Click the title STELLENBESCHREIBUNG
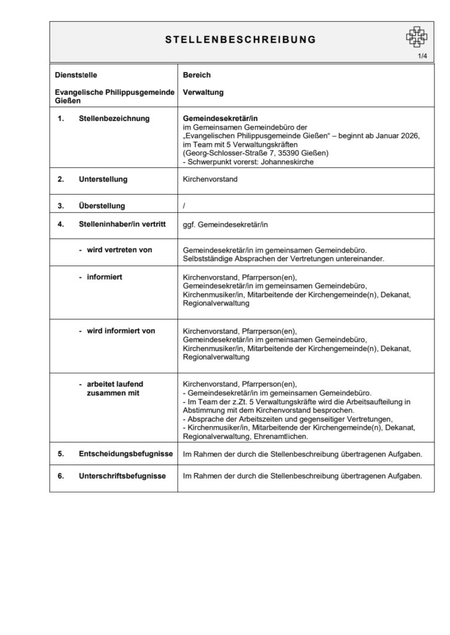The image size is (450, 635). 240,40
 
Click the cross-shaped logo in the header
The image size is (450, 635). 416,37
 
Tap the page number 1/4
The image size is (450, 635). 422,56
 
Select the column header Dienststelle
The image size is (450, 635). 75,75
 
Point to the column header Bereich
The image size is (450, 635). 197,75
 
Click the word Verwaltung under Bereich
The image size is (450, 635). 203,92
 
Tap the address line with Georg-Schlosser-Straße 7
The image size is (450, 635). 256,153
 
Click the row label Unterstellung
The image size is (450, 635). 103,180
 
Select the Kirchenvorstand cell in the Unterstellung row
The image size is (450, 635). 210,180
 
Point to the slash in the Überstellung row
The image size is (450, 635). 184,206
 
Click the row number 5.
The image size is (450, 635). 61,454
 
